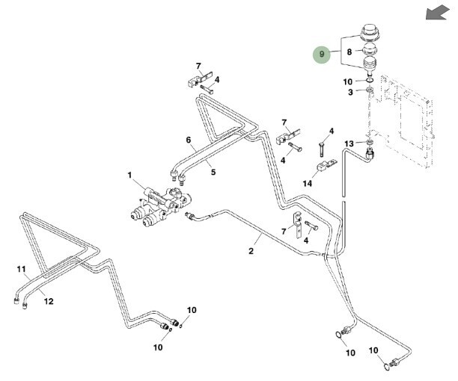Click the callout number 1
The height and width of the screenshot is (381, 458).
(x=129, y=176)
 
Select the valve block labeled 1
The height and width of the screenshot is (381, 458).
(x=160, y=205)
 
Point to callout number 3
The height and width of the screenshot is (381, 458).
(x=348, y=91)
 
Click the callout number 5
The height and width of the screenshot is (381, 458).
(x=213, y=172)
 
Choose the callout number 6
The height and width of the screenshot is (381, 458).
(x=189, y=140)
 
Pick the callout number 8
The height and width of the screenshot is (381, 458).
(x=348, y=53)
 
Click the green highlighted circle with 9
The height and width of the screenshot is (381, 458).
(x=323, y=54)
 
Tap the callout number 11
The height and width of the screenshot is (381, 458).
(x=21, y=268)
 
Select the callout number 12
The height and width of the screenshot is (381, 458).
(x=49, y=301)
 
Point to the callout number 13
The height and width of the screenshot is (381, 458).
(x=348, y=143)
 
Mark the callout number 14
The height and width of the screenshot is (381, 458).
(x=307, y=183)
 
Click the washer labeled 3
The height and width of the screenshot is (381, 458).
(x=370, y=91)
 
